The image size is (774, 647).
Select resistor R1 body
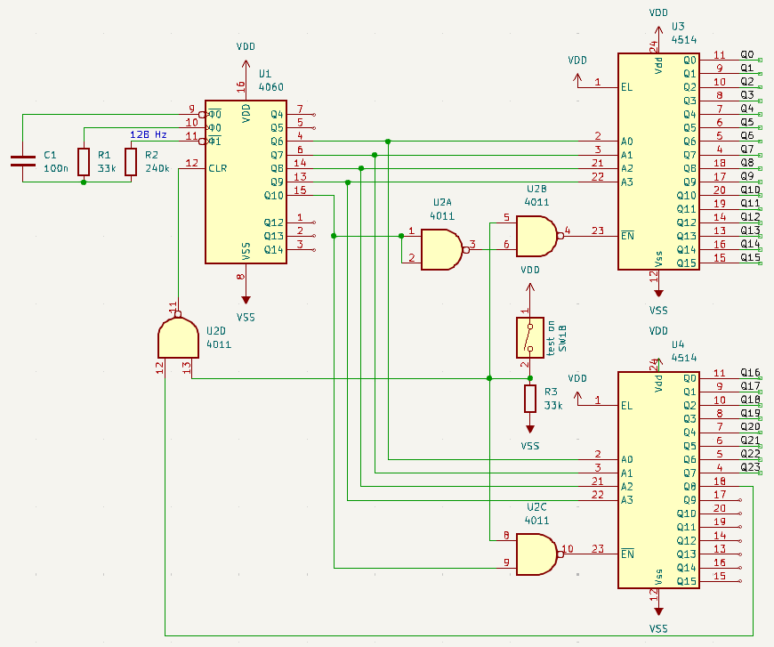[84, 161]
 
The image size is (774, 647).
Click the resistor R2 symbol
[131, 161]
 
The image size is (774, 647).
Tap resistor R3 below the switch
[530, 400]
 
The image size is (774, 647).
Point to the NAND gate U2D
[177, 337]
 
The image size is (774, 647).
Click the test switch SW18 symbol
[530, 338]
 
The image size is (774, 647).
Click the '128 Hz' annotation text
[149, 134]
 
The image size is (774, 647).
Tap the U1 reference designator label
[265, 74]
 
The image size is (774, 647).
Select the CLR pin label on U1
[218, 168]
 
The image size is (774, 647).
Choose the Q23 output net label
[750, 467]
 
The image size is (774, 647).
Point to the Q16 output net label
[750, 373]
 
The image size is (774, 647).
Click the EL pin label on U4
[627, 406]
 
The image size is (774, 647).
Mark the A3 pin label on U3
[627, 182]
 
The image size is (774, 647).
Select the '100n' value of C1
[56, 168]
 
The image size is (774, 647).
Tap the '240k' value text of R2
[157, 168]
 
